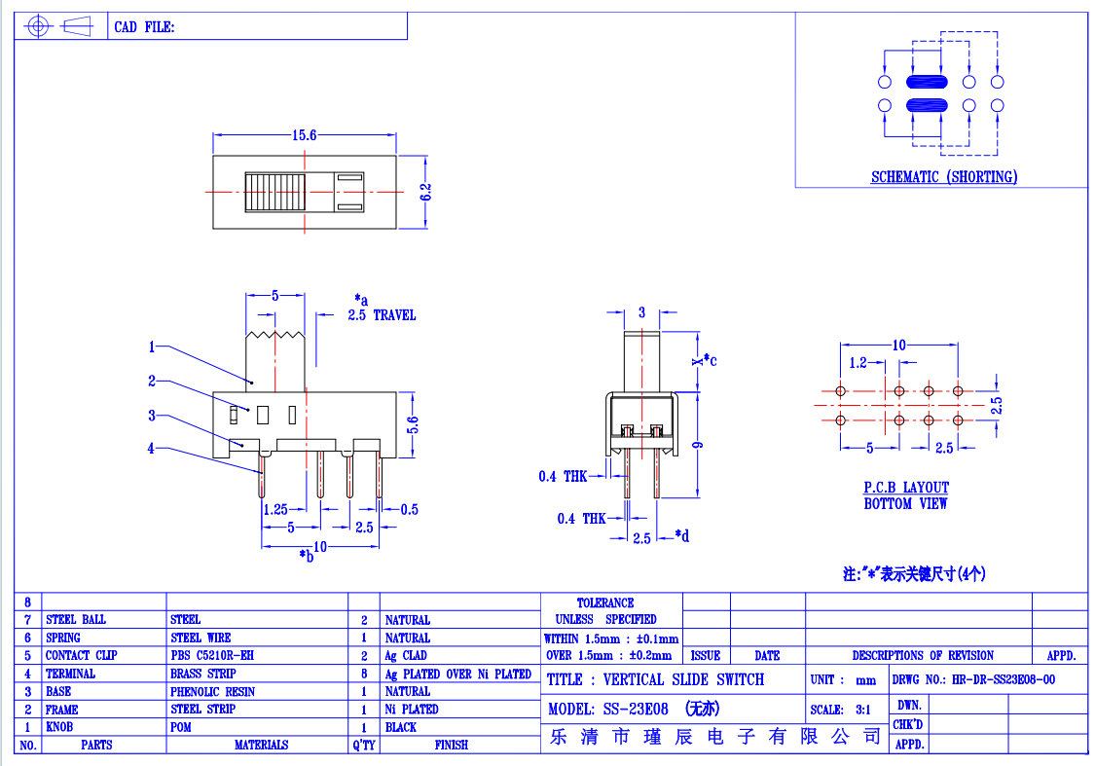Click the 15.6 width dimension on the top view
tap(304, 134)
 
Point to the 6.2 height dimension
tap(425, 192)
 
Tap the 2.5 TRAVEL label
tap(382, 315)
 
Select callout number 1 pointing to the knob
tap(152, 347)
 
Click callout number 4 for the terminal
tap(151, 449)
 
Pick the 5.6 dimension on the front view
tap(413, 424)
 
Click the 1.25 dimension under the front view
tap(275, 510)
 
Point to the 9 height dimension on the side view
tap(698, 446)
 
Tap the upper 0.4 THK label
tap(563, 476)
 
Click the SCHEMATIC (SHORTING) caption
tap(943, 177)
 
